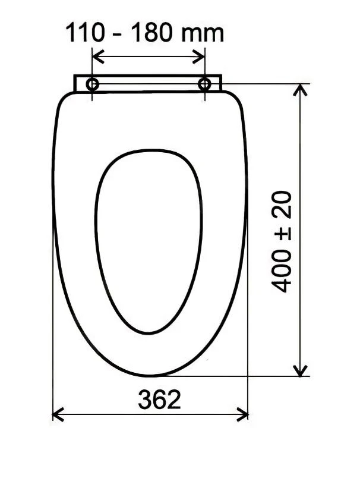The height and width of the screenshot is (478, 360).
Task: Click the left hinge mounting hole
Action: coord(93,84)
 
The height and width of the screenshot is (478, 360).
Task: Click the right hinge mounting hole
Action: coord(204,84)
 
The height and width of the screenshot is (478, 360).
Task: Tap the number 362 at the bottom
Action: coord(159,400)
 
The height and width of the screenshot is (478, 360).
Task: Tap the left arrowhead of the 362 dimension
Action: coord(56,414)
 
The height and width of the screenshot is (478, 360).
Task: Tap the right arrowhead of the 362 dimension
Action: coord(244,414)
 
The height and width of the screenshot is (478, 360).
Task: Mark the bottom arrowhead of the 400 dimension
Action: coord(302,372)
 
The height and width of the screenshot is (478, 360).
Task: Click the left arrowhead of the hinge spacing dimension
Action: coord(97,57)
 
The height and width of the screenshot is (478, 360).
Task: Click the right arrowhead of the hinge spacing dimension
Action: coord(201,57)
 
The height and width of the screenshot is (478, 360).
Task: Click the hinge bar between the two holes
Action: coord(149,83)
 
